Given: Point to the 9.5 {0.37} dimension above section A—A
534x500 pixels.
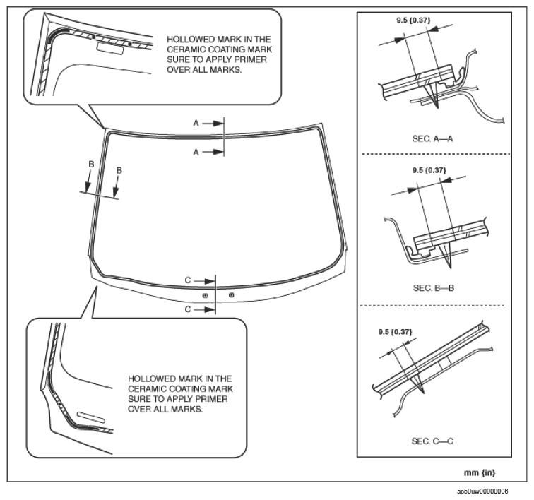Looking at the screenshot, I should (415, 21).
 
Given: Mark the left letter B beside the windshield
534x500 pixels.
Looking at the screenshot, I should (90, 164).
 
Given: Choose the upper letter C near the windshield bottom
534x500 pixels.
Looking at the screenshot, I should (188, 280).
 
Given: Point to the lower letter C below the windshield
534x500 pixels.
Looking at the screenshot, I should (188, 309).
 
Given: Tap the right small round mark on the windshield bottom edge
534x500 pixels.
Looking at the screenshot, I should (232, 294).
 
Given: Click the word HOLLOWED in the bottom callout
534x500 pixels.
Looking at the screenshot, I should (152, 379).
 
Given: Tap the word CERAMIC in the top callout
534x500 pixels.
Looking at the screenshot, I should (186, 51).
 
